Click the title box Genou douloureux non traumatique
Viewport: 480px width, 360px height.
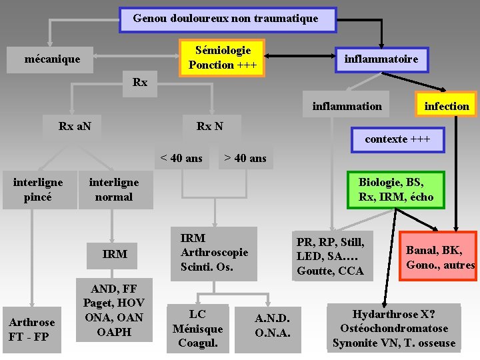(x=227, y=19)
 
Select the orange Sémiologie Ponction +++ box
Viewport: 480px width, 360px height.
(x=223, y=57)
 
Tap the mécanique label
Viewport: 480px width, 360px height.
(x=52, y=59)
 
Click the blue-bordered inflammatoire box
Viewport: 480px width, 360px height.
(x=381, y=59)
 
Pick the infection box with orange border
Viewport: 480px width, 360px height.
(x=446, y=106)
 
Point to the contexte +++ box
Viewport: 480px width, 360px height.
(x=397, y=139)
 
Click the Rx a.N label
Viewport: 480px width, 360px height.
(x=75, y=126)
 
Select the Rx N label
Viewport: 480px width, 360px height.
(x=210, y=126)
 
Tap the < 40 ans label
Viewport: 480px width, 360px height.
(x=181, y=158)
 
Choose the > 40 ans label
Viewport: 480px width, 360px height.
(x=245, y=158)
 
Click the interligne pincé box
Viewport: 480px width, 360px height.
(x=39, y=190)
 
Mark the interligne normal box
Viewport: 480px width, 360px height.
(x=114, y=190)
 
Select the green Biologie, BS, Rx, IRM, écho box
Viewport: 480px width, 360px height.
(x=395, y=189)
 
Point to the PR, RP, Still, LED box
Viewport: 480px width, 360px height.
(x=331, y=256)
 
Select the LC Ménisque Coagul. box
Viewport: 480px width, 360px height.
(x=197, y=329)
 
